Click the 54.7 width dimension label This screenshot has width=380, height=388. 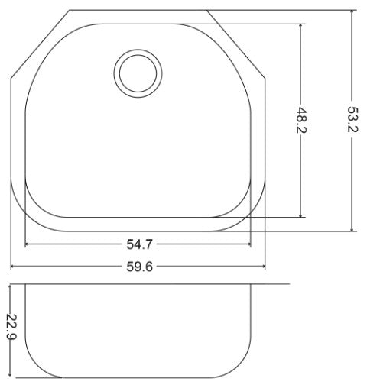pos(138,244)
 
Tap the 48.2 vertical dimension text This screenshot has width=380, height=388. pos(302,121)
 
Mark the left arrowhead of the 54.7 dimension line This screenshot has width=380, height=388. pos(28,244)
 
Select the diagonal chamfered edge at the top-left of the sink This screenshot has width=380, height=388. pos(40,44)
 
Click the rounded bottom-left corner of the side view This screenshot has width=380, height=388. pos(34,367)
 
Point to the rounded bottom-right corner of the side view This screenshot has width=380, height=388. pos(245,367)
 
